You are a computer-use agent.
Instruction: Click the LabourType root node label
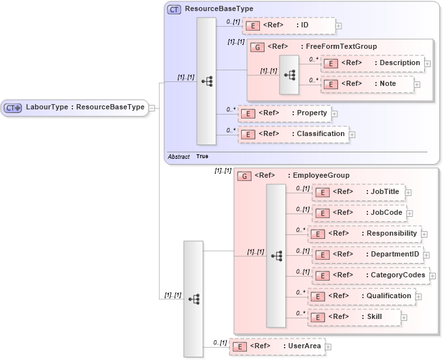(x=85, y=107)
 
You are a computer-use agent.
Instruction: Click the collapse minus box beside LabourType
(x=152, y=107)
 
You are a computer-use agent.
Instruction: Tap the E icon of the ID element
(x=253, y=26)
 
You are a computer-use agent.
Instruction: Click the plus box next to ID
(x=339, y=27)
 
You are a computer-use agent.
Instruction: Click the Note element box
(x=367, y=84)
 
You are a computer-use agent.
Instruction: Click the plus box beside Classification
(x=352, y=135)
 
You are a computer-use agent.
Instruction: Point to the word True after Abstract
(x=202, y=157)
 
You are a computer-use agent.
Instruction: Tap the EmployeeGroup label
(x=321, y=175)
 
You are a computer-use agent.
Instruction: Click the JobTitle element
(x=359, y=192)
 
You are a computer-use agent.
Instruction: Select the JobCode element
(x=359, y=213)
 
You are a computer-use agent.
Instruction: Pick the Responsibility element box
(x=364, y=234)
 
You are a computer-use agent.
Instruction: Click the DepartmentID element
(x=367, y=255)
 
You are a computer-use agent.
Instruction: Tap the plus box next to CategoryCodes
(x=433, y=276)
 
